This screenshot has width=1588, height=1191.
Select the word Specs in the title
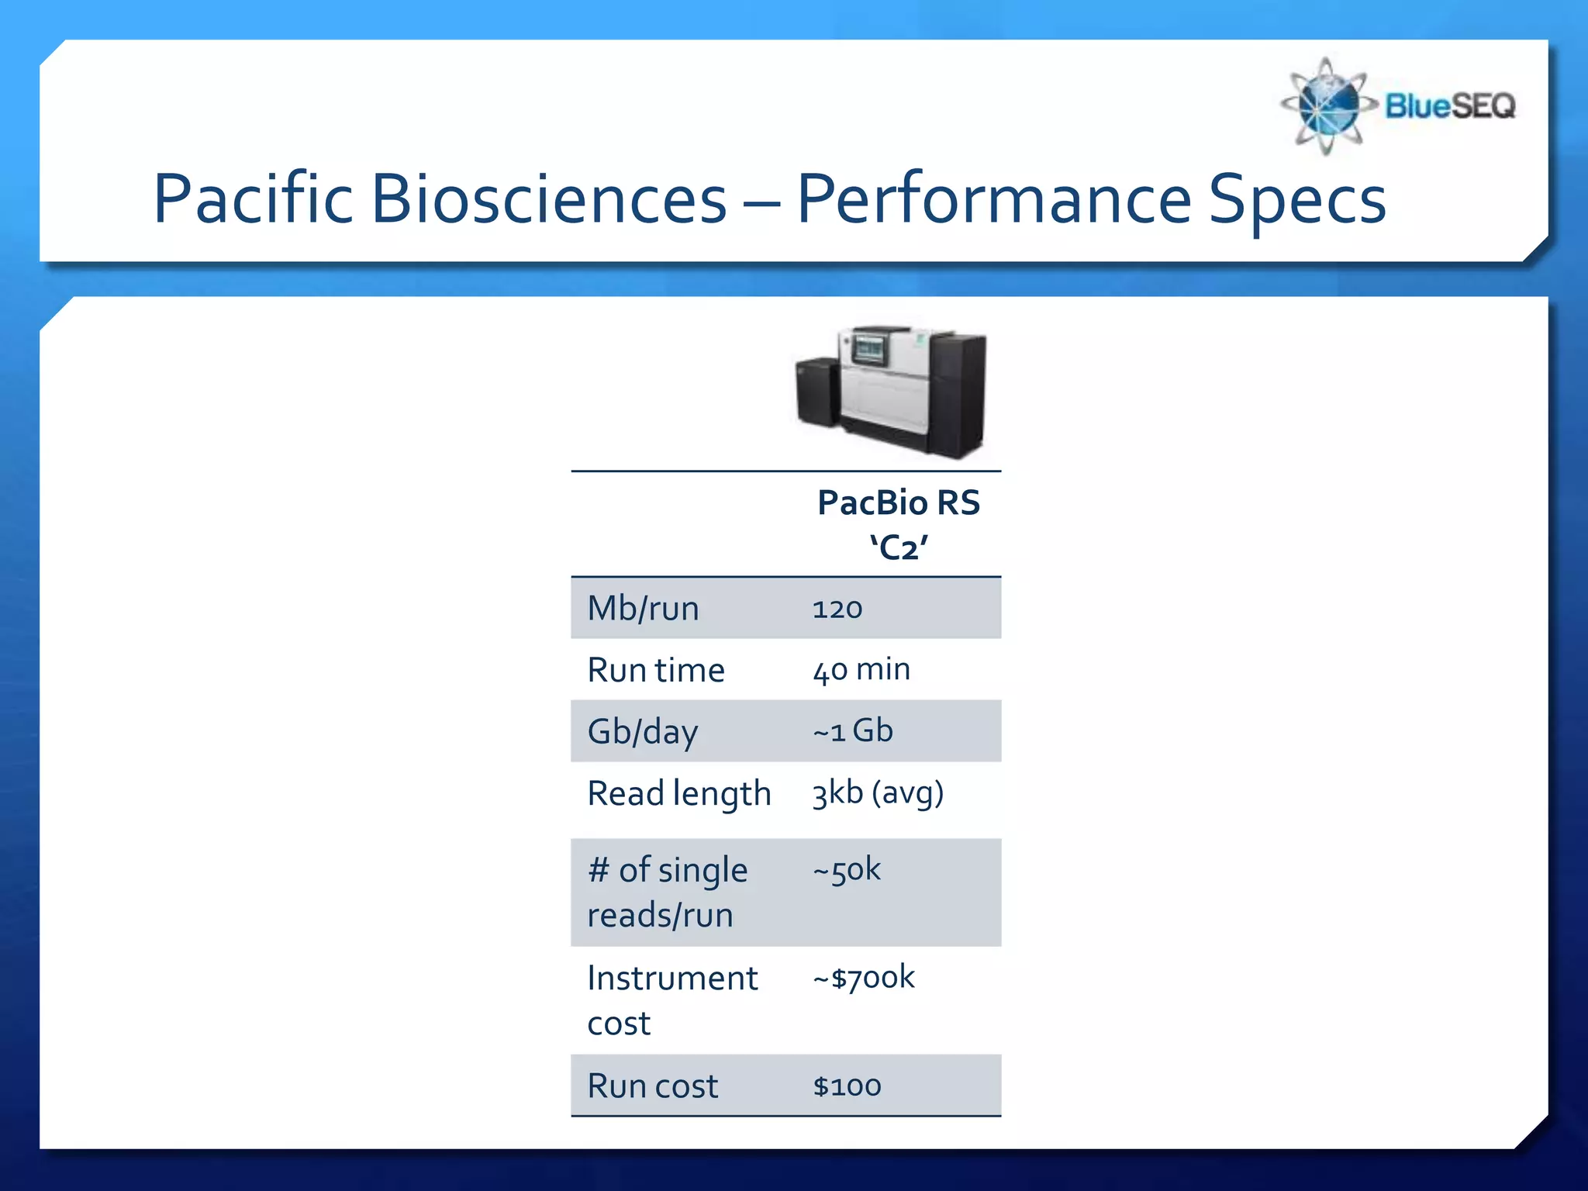[x=1297, y=199]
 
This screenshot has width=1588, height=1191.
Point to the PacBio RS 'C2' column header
[x=898, y=524]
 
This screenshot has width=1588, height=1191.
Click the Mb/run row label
[x=643, y=609]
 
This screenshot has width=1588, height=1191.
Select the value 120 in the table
[x=837, y=609]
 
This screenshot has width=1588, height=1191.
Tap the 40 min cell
[x=861, y=670]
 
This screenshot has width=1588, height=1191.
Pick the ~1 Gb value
[x=852, y=731]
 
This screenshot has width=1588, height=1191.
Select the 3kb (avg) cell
[x=877, y=793]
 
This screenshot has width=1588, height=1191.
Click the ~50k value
[x=846, y=870]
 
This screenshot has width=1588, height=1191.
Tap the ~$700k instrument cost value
[x=863, y=978]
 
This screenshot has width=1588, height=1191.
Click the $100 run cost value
[x=847, y=1086]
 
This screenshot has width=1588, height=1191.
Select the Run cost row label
[x=653, y=1086]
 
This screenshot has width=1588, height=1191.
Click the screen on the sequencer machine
[x=868, y=349]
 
